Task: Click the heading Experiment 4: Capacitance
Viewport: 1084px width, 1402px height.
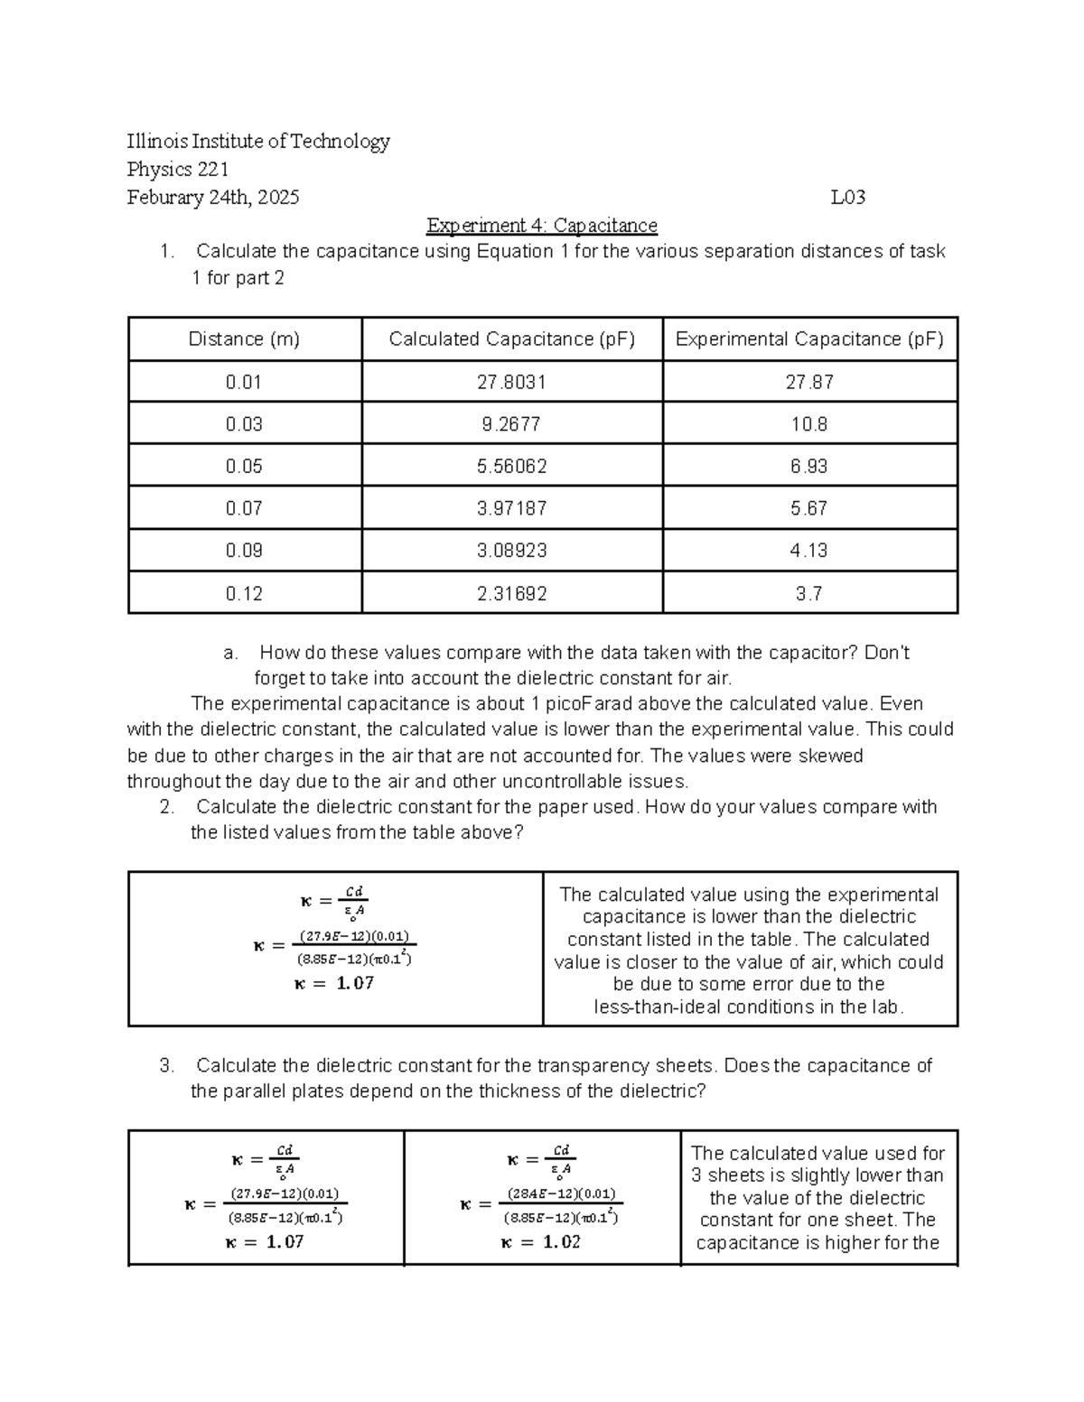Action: (542, 225)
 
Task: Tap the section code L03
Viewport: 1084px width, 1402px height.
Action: (847, 197)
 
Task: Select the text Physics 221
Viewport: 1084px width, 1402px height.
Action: (177, 169)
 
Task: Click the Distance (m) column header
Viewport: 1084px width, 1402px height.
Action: (244, 339)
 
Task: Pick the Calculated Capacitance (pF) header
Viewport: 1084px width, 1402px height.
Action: (511, 339)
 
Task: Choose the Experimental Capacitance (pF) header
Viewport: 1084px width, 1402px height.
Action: (809, 339)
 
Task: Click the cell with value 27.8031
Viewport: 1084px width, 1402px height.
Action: (511, 382)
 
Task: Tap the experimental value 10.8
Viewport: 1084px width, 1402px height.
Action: (809, 424)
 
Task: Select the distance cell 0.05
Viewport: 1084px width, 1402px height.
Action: (244, 466)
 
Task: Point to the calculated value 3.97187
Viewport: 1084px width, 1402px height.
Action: (511, 508)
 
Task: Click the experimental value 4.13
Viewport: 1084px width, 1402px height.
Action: (809, 551)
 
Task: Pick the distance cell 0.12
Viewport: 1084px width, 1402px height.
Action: (244, 593)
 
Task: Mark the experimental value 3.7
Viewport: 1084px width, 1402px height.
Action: (809, 593)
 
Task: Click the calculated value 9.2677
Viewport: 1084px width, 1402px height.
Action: (511, 424)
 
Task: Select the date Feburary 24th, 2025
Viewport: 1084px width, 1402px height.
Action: (213, 197)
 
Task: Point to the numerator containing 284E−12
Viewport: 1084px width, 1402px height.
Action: (561, 1193)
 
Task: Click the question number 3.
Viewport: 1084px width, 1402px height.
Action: (166, 1065)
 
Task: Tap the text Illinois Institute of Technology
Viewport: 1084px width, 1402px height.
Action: (258, 141)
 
